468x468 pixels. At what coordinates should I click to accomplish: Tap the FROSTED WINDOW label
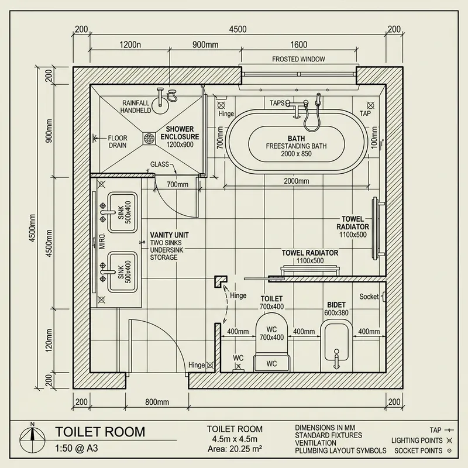pos(298,59)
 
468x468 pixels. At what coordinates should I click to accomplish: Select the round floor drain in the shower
pos(147,138)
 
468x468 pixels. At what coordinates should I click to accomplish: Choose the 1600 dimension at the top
pos(298,44)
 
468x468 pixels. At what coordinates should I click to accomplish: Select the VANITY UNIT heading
pos(169,235)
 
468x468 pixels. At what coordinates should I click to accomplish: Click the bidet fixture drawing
pos(335,345)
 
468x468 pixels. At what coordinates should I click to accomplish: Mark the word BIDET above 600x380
pos(336,305)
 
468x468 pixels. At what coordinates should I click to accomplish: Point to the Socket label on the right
pos(369,297)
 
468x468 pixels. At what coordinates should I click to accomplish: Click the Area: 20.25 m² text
pos(235,449)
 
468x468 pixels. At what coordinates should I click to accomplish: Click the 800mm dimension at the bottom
pos(157,402)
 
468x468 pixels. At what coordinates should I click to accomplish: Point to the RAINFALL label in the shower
pos(136,101)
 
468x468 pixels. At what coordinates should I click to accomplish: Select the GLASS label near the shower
pos(160,165)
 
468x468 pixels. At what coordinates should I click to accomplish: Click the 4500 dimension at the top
pos(238,29)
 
